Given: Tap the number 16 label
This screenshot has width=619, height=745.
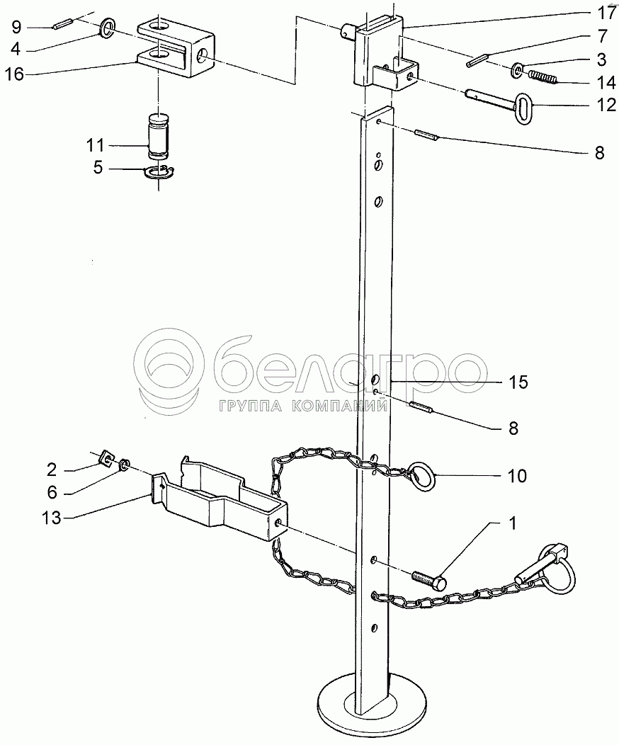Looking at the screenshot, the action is pyautogui.click(x=18, y=72).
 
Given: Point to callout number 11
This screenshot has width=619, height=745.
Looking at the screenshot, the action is pyautogui.click(x=95, y=145).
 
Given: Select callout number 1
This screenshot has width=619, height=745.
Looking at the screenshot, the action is pyautogui.click(x=511, y=525).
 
